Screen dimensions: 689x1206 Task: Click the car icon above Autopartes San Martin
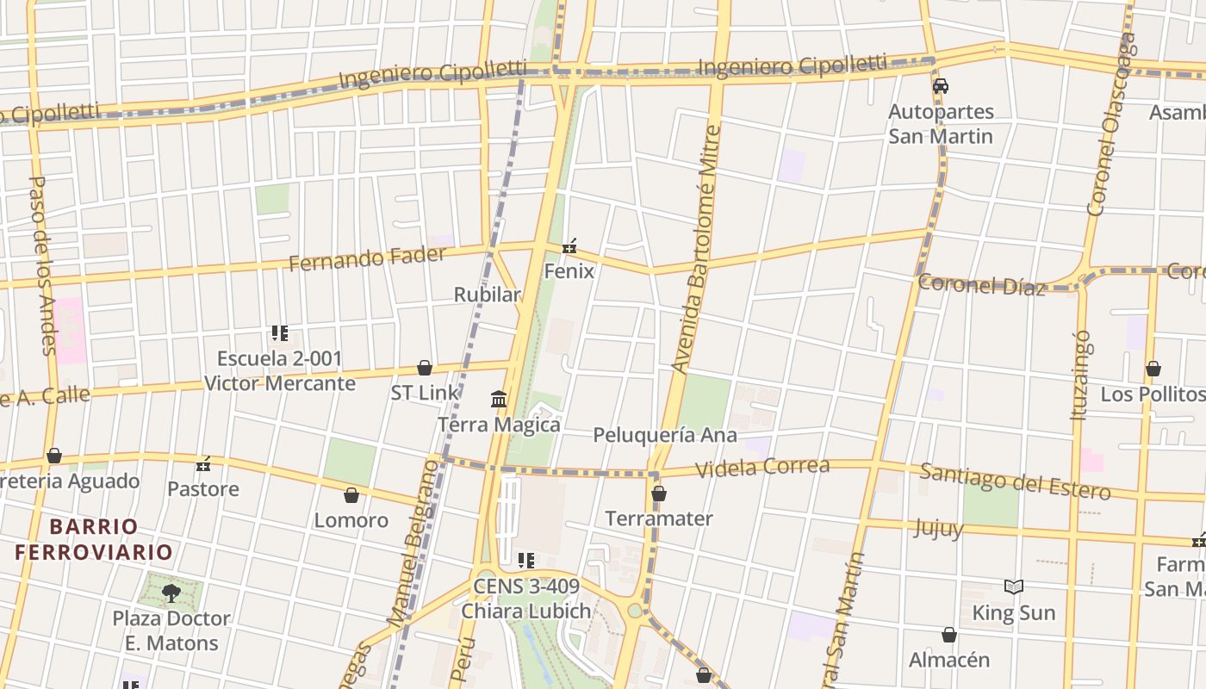point(941,86)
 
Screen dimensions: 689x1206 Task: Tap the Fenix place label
point(569,271)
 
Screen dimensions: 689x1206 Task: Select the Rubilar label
point(488,295)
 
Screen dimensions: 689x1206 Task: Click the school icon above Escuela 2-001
point(279,333)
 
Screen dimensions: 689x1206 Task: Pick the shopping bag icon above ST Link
point(424,368)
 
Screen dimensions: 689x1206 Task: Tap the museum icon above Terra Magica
point(499,400)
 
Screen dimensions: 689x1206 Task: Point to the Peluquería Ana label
point(664,435)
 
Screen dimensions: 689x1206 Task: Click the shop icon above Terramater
point(659,493)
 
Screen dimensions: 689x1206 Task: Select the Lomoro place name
point(351,520)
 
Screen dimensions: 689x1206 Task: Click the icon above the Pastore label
point(203,464)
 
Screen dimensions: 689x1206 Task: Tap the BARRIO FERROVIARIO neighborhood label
point(93,539)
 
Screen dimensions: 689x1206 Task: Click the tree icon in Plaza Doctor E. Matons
point(171,593)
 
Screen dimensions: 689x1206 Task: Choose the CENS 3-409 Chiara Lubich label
point(525,599)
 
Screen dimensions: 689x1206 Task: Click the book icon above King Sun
point(1014,587)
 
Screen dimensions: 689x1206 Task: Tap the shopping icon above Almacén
point(948,635)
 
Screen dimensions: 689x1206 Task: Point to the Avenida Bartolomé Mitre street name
point(695,250)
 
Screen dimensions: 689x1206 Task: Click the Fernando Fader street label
point(367,258)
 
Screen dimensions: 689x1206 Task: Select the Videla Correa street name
point(762,468)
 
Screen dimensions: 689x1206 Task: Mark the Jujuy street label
point(938,527)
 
